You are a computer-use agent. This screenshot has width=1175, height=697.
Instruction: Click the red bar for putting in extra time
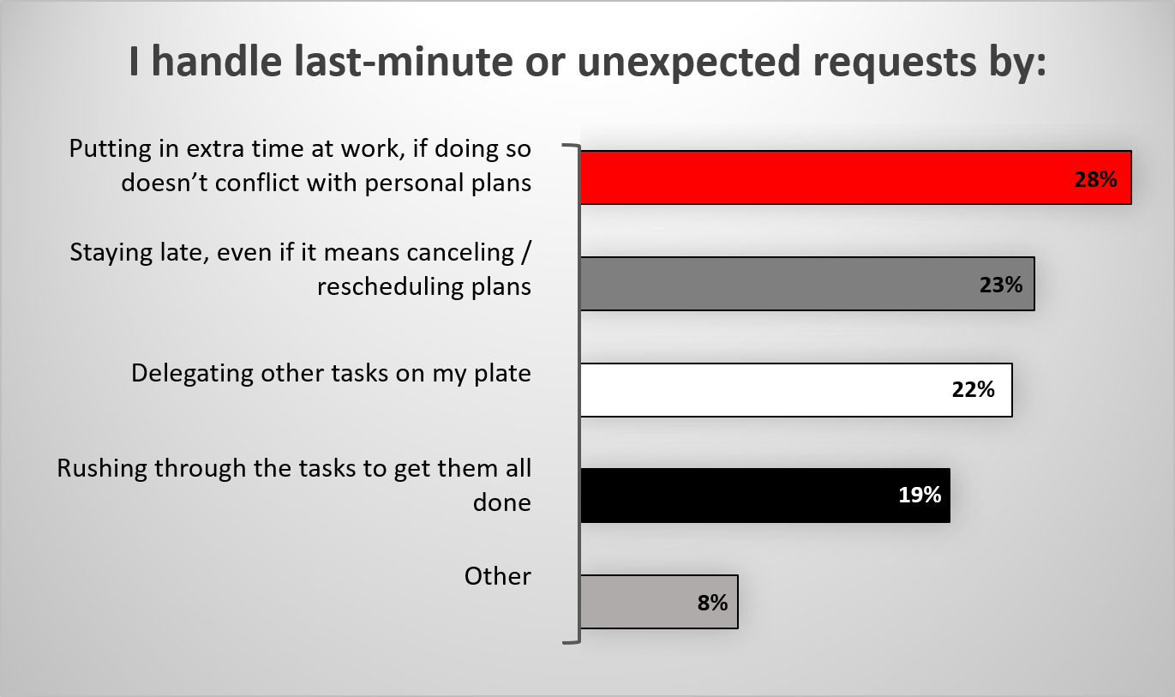pos(856,177)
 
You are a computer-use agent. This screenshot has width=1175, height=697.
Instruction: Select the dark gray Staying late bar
pos(808,284)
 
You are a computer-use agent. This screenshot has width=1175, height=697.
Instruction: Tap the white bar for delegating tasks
pos(796,390)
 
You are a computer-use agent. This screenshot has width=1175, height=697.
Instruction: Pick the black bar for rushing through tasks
pos(765,496)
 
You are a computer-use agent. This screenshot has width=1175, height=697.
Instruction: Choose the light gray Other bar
pos(659,602)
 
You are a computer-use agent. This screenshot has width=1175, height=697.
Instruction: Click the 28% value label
pos(1095,179)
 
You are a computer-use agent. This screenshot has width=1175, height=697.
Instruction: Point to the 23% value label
pos(1001,285)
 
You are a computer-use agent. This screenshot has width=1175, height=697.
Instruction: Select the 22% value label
pos(973,390)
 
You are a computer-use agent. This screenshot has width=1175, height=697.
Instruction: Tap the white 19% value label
pos(920,495)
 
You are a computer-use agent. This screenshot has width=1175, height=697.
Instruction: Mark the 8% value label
pos(712,603)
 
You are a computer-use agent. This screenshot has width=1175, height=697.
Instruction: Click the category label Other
pos(498,576)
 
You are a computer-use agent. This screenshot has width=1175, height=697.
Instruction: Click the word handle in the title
pos(217,62)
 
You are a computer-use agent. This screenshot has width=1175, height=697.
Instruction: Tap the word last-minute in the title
pos(403,62)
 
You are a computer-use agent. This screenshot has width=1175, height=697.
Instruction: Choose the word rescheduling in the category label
pos(390,287)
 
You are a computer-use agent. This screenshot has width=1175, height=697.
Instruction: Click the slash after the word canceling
pos(527,253)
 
